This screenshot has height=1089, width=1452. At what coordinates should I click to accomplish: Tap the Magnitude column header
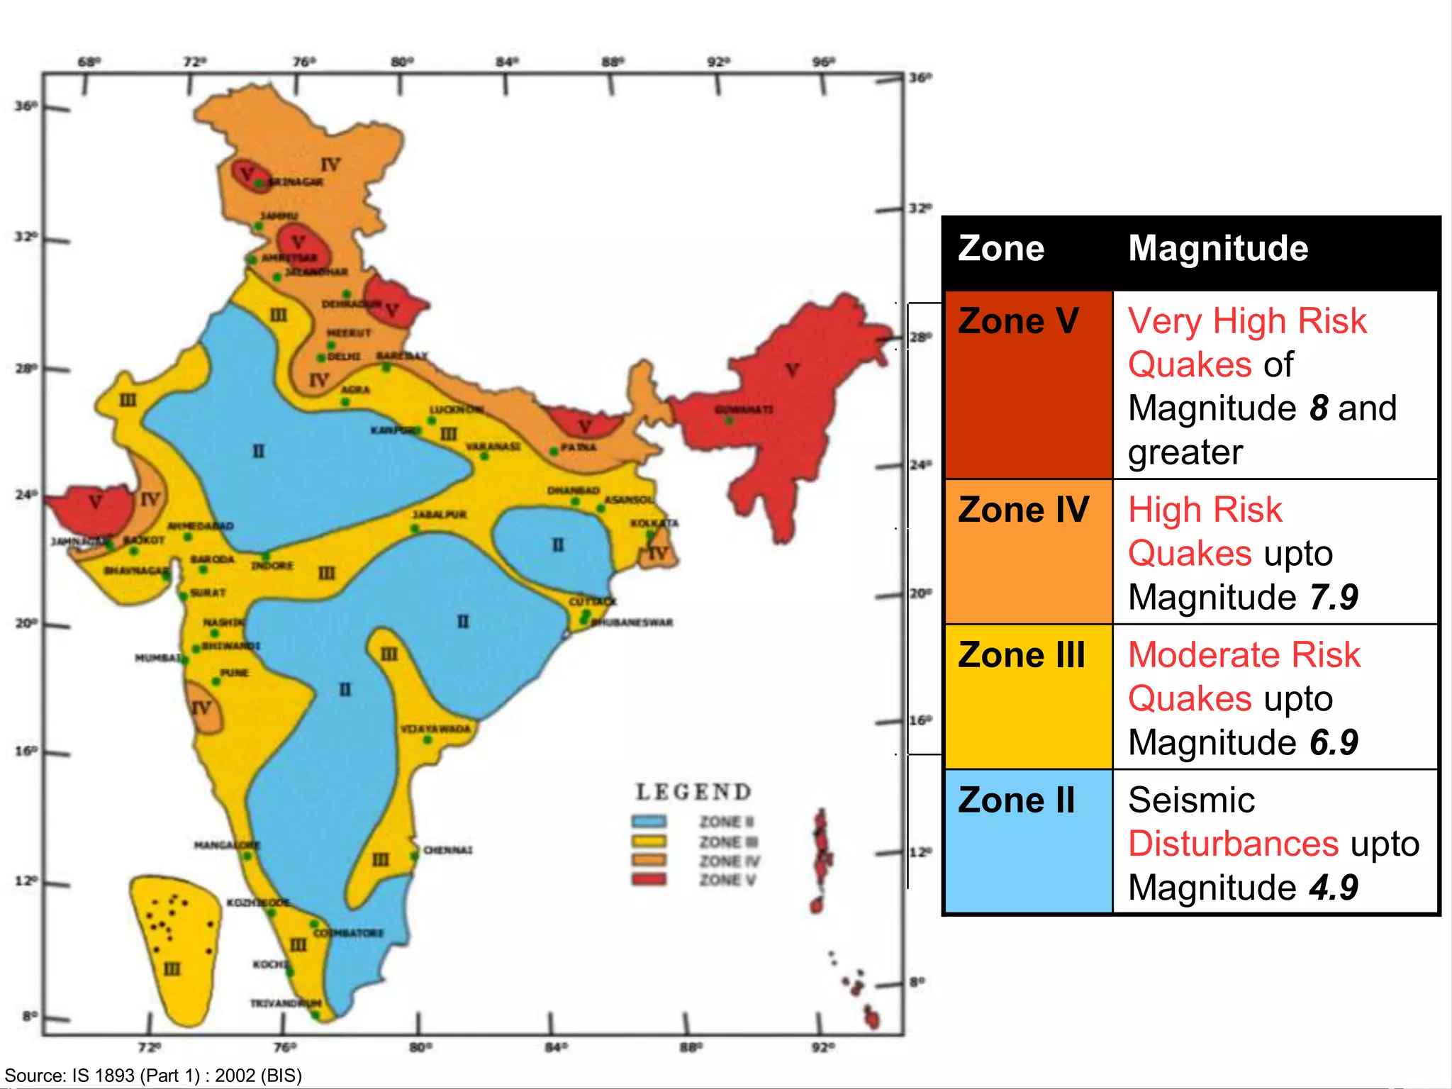[1217, 249]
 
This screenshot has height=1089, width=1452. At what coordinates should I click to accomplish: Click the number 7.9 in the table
[1333, 597]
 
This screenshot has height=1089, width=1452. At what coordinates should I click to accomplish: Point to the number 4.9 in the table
[1333, 888]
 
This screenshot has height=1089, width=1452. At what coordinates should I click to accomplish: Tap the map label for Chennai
[447, 850]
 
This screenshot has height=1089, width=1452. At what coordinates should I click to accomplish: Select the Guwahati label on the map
[743, 410]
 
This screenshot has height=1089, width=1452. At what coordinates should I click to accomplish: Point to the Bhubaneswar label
[632, 622]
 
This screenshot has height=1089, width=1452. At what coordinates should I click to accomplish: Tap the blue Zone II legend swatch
[649, 822]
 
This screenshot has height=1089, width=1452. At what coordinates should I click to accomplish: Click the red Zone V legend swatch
[649, 880]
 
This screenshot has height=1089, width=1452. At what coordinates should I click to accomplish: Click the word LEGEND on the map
[693, 792]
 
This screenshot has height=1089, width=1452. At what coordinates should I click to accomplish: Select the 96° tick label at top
[823, 62]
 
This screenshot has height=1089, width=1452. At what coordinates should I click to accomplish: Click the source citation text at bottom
[153, 1076]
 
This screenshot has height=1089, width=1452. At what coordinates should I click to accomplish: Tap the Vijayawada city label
[435, 729]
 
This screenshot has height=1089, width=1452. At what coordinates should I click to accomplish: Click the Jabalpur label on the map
[439, 514]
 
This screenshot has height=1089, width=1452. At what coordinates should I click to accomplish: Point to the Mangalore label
[227, 845]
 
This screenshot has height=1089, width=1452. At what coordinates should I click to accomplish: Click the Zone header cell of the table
[1000, 249]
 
